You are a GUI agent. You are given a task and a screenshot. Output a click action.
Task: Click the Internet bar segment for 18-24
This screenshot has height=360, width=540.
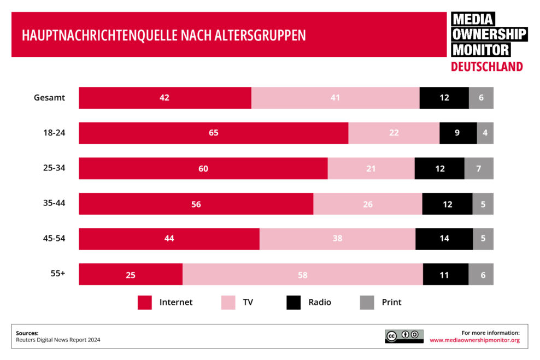coord(213,133)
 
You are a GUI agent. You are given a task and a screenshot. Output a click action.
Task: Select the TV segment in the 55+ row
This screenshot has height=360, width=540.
coord(302,274)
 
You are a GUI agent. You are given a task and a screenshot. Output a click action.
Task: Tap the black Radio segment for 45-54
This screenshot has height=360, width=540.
coord(444,239)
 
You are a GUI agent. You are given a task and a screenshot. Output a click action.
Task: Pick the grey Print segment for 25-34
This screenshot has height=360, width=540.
coord(479,168)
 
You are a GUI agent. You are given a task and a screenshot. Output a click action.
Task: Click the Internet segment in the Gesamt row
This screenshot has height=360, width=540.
coord(165,98)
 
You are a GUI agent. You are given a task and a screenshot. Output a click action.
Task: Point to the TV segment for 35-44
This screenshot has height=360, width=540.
coord(367,204)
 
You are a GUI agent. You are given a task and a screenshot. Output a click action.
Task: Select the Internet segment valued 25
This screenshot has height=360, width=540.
coord(131,274)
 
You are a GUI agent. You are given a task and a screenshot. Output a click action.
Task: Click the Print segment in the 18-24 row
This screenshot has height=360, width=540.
coord(485,133)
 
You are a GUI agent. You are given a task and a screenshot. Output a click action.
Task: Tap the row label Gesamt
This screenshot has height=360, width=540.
coord(49,98)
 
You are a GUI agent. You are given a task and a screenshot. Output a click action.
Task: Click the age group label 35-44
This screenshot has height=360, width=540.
coord(54,203)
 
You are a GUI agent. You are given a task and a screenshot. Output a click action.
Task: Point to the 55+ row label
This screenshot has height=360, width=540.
coord(58,274)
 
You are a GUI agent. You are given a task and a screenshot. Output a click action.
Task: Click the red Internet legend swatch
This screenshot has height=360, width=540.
coord(145,303)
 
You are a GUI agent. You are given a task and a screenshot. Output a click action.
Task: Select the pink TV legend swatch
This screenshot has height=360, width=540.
coord(228,303)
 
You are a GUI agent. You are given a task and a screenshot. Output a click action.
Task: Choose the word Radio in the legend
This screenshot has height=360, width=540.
coord(319,302)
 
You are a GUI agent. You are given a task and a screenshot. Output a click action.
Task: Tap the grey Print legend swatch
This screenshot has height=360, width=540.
coord(367,303)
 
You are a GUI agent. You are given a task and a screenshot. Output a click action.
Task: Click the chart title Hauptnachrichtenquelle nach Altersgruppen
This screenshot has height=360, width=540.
coord(163,35)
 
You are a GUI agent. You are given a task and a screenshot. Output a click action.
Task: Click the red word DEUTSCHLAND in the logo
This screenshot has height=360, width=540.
coord(486,67)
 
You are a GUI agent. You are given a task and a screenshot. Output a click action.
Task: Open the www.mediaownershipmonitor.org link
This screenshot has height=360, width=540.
coord(474,340)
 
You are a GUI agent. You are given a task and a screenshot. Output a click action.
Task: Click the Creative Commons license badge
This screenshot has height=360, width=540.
coord(404,336)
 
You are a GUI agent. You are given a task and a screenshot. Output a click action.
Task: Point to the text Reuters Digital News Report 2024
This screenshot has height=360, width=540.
coord(58,340)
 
